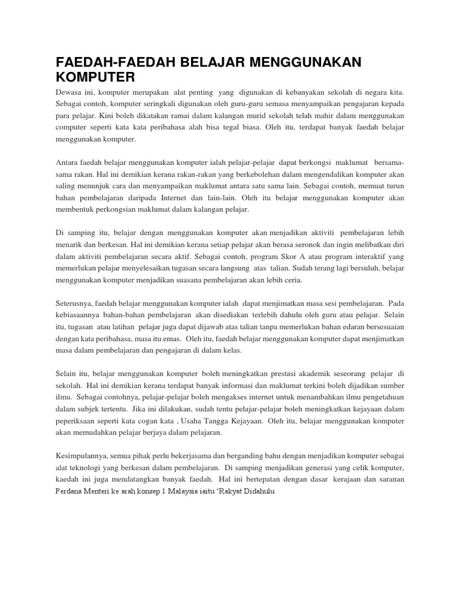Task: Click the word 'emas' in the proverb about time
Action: [177, 339]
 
